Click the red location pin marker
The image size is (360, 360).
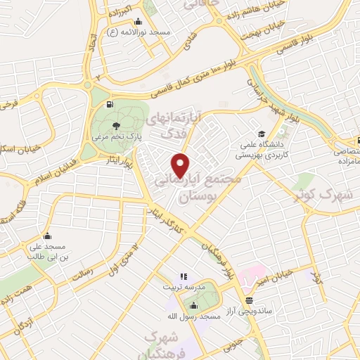[x=181, y=165]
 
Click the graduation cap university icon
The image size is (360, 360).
[x=262, y=133]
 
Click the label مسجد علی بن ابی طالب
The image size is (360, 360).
[x=47, y=252]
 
